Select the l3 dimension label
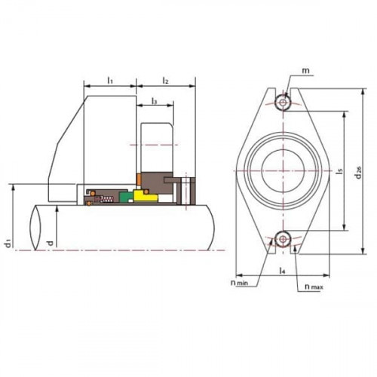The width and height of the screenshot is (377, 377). pyautogui.click(x=154, y=100)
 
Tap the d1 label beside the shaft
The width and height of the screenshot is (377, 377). pyautogui.click(x=8, y=241)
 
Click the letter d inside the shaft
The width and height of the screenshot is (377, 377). pyautogui.click(x=50, y=242)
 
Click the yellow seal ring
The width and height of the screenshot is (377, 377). pyautogui.click(x=147, y=198)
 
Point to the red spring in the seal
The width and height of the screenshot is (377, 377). pyautogui.click(x=108, y=198)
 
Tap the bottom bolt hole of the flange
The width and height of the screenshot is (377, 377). pyautogui.click(x=283, y=238)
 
